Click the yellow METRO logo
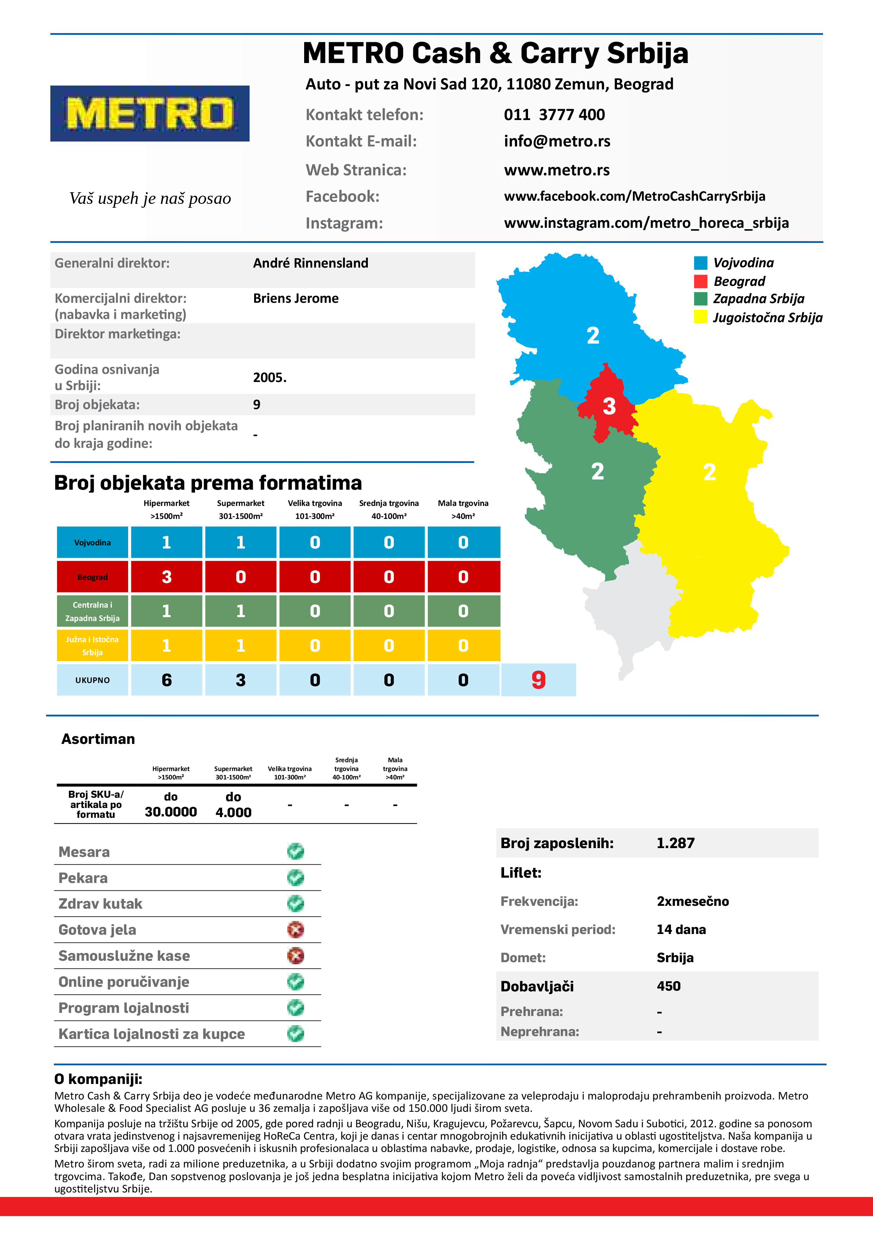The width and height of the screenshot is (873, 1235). click(150, 113)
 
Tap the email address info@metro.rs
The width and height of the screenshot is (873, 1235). click(557, 142)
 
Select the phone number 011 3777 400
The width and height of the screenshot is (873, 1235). click(554, 114)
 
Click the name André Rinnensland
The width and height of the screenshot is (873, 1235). click(310, 263)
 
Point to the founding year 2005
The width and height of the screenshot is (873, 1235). click(270, 378)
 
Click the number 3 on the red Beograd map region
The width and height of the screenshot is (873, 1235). click(609, 407)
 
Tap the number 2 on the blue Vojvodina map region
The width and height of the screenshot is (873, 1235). click(593, 336)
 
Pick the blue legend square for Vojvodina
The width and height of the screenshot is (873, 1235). click(701, 263)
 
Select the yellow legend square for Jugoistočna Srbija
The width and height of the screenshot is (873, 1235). click(701, 317)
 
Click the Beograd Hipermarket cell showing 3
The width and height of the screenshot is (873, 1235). click(167, 577)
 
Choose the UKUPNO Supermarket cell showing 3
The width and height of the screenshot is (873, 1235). click(240, 680)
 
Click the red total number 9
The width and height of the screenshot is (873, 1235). click(538, 680)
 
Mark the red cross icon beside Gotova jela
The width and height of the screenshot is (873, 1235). click(295, 929)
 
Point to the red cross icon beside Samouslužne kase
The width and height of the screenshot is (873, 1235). click(295, 955)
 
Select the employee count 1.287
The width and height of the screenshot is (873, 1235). click(675, 843)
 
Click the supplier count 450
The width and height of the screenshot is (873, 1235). click(668, 986)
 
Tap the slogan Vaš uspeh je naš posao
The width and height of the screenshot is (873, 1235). click(150, 199)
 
